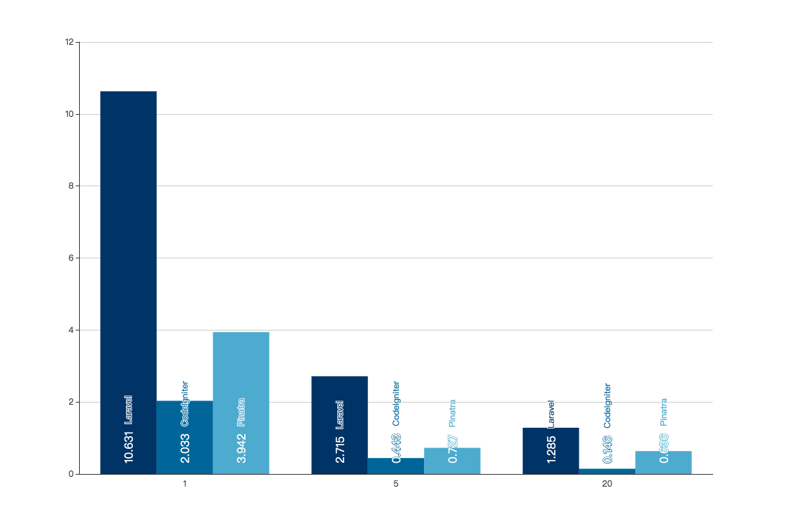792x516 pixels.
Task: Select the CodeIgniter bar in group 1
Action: point(185,437)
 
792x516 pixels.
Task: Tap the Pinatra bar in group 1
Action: point(241,403)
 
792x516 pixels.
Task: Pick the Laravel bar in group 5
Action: point(339,425)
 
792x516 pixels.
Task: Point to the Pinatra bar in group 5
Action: point(452,461)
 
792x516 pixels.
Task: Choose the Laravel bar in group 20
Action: point(551,451)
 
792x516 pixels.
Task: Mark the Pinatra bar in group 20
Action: point(663,462)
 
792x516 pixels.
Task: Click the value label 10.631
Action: point(129,447)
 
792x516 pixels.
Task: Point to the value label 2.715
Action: point(340,449)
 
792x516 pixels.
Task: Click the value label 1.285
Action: point(551,449)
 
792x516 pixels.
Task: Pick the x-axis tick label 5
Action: point(396,484)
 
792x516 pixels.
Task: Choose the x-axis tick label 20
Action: point(607,484)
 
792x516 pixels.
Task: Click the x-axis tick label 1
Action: point(185,484)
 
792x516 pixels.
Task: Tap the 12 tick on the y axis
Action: point(69,42)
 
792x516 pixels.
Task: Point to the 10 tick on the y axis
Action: point(69,114)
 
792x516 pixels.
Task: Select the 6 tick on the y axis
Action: point(71,258)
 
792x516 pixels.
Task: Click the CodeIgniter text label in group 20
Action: point(607,405)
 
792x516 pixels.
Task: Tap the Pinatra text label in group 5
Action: point(452,413)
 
